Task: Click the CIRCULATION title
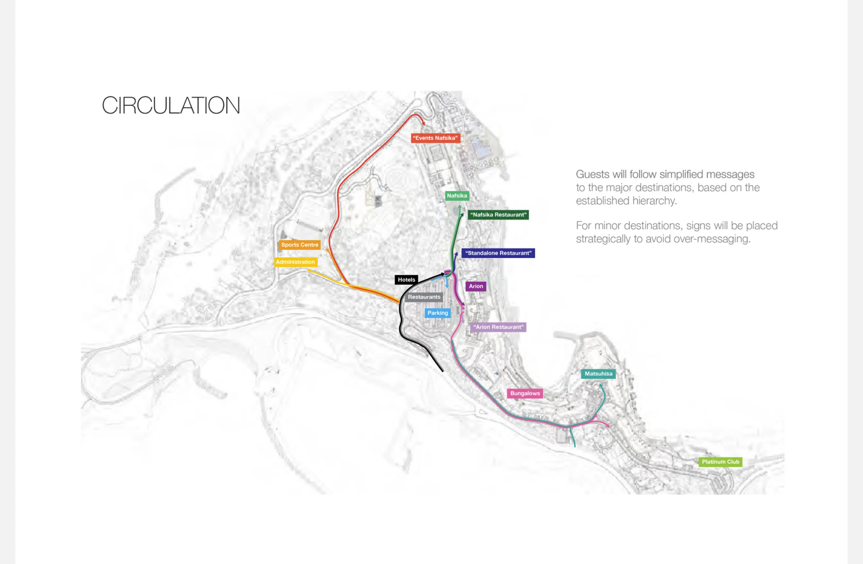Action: [171, 105]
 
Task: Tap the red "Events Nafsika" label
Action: [435, 138]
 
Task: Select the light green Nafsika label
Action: [457, 196]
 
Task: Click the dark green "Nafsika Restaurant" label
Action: [498, 215]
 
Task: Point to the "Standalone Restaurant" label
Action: [498, 253]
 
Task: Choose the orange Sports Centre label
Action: [300, 245]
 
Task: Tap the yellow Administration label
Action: [296, 262]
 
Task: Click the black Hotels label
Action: [406, 280]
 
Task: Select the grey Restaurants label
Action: [424, 297]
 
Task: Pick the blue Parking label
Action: [438, 313]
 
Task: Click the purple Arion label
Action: [476, 286]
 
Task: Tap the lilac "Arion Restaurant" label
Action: [498, 327]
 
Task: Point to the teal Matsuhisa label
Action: [598, 374]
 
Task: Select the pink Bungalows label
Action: [525, 394]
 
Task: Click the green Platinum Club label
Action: [720, 462]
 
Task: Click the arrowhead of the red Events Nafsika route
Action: [423, 124]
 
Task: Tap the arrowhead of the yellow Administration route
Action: [308, 270]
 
